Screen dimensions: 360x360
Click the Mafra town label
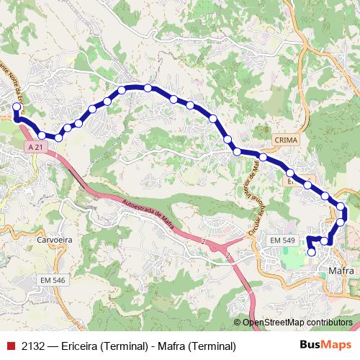click(x=341, y=271)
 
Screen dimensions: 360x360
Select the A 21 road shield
click(x=35, y=146)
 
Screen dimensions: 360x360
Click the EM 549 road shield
click(x=282, y=240)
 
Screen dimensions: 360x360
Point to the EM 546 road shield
click(x=53, y=279)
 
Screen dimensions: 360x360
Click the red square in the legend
click(x=10, y=346)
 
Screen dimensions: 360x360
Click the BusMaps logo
click(x=326, y=346)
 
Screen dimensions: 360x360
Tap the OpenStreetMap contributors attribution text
click(x=297, y=323)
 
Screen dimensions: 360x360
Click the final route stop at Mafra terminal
click(x=312, y=252)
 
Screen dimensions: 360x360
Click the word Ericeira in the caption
click(x=84, y=346)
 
